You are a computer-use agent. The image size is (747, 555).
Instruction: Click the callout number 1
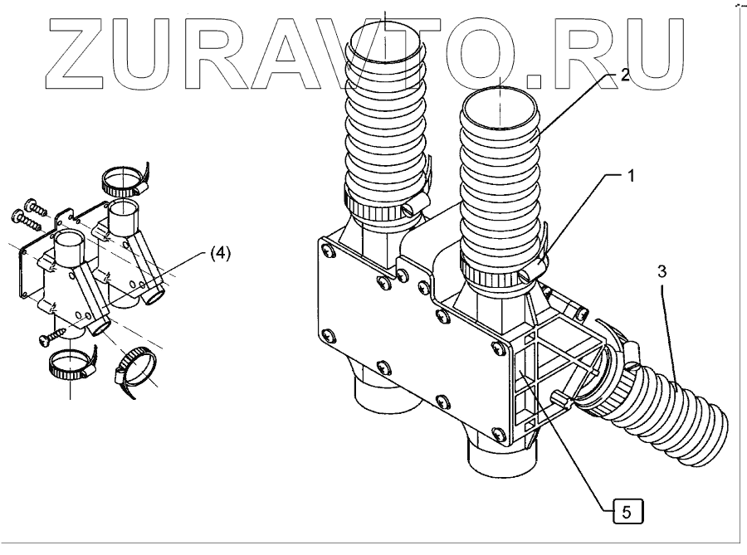click(631, 177)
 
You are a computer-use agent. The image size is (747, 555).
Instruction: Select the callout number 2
click(624, 74)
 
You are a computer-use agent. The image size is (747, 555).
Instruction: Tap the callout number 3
click(662, 270)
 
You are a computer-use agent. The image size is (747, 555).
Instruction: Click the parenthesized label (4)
click(219, 255)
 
